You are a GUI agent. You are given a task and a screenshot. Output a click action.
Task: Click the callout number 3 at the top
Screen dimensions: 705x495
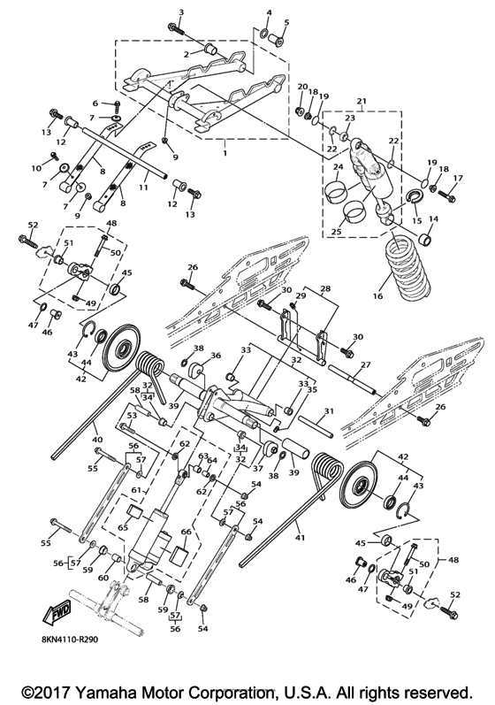tap(180, 12)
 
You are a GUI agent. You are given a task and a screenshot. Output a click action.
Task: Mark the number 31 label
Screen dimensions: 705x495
tap(328, 411)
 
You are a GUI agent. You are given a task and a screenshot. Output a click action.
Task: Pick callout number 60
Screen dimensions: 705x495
tap(104, 578)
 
